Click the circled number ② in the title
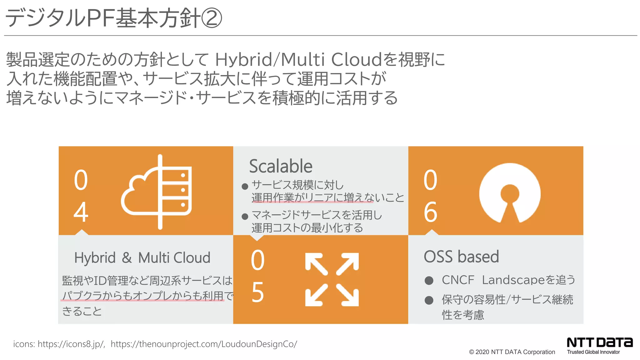[x=212, y=18]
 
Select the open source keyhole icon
[x=510, y=193]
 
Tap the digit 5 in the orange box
[x=258, y=292]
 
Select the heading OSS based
[x=461, y=257]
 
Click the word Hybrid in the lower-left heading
[x=95, y=258]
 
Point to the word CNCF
[x=458, y=280]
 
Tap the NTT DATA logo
[x=599, y=342]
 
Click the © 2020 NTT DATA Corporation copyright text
[x=512, y=352]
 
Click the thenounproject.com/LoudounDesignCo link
[x=204, y=344]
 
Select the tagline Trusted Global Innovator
[x=593, y=352]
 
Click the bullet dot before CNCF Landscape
[x=429, y=280]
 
